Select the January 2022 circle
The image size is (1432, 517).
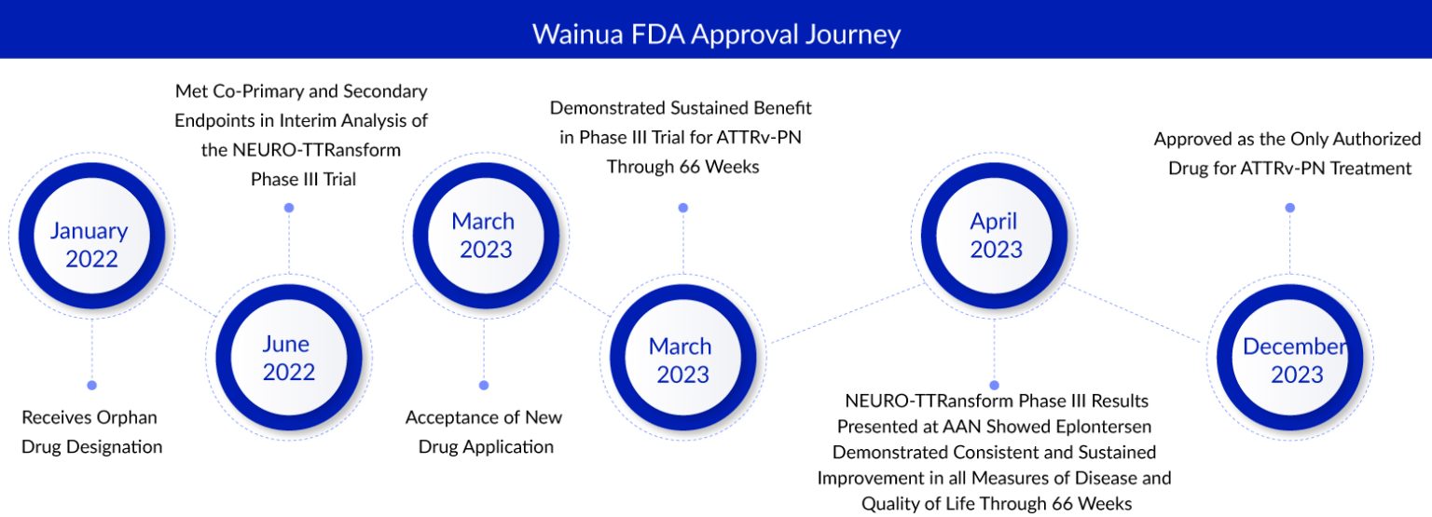pyautogui.click(x=90, y=244)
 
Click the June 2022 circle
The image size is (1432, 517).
pyautogui.click(x=288, y=358)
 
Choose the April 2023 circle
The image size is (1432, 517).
pyautogui.click(x=994, y=236)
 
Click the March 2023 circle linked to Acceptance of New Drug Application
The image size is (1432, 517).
pyautogui.click(x=483, y=236)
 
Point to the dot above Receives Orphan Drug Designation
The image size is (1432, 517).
pyautogui.click(x=91, y=385)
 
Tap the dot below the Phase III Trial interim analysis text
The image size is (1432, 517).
pyautogui.click(x=289, y=208)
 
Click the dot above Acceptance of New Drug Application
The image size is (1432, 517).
pyautogui.click(x=483, y=385)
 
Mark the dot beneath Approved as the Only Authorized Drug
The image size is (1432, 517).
pyautogui.click(x=1290, y=208)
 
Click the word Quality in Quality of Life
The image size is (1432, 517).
pyautogui.click(x=893, y=504)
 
